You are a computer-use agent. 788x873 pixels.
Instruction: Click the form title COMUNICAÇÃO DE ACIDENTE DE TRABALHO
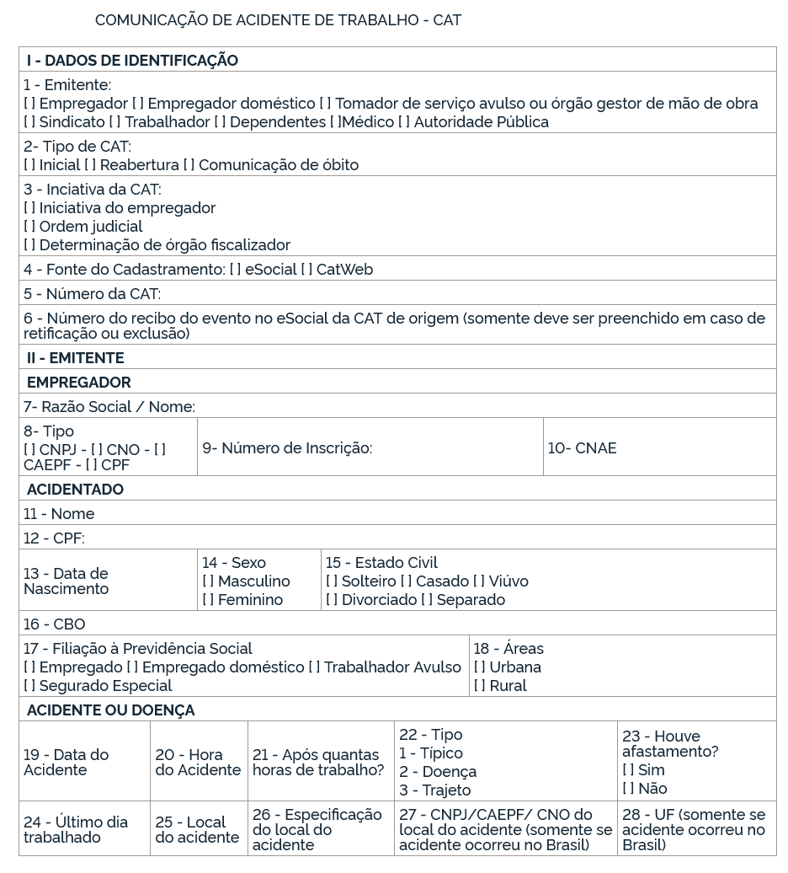click(x=278, y=20)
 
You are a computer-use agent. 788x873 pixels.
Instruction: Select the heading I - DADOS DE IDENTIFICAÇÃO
click(x=132, y=61)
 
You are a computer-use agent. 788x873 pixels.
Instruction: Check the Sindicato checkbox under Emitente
click(x=29, y=122)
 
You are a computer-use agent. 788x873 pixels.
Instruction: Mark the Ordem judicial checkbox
click(x=29, y=227)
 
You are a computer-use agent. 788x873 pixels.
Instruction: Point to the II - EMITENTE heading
click(x=75, y=358)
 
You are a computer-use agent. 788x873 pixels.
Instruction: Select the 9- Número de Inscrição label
click(x=286, y=448)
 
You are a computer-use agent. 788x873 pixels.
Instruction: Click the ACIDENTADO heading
click(x=75, y=490)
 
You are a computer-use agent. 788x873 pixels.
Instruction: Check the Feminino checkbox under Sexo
click(x=208, y=600)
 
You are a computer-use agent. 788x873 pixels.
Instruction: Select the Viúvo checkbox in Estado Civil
click(x=478, y=581)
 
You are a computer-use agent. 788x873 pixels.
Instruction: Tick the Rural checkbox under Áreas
click(x=480, y=686)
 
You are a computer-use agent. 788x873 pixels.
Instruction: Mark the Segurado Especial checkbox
click(x=29, y=686)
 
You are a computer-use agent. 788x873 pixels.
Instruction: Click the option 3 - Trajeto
click(x=434, y=790)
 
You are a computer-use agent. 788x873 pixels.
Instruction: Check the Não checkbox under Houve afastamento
click(x=628, y=789)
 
